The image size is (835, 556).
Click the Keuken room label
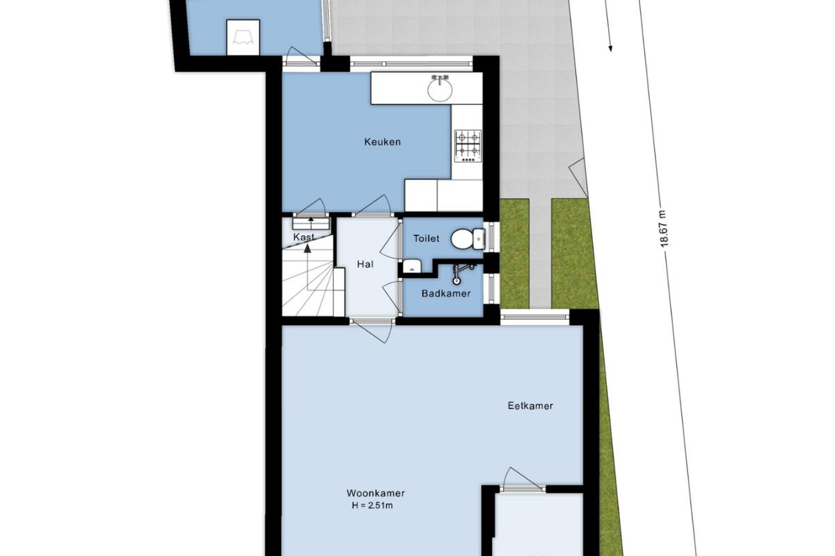[x=383, y=142]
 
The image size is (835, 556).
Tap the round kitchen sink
[x=440, y=89]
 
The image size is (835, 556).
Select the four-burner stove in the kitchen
[x=468, y=146]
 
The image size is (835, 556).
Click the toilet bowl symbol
[x=468, y=238]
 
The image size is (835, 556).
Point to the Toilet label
[x=426, y=238]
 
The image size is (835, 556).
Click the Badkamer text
[x=446, y=293]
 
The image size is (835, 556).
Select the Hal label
[x=365, y=264]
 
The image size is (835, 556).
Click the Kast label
[x=304, y=237]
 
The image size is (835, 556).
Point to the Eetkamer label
[x=530, y=406]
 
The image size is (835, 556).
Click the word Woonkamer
[x=375, y=493]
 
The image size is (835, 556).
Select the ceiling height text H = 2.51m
[x=372, y=506]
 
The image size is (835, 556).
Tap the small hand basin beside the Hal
[x=412, y=266]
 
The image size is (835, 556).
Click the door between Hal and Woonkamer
[x=372, y=329]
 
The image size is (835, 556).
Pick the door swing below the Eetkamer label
[x=523, y=480]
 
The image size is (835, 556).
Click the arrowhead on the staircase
[x=307, y=248]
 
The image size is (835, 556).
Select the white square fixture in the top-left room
[x=243, y=38]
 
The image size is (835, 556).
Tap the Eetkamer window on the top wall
[x=535, y=317]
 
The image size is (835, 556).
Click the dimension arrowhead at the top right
[x=610, y=48]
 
